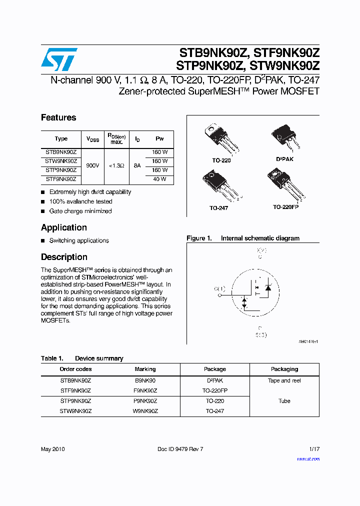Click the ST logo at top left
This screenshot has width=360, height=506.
(x=59, y=59)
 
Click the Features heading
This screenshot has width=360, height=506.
(x=58, y=117)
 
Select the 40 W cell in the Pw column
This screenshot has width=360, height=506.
(x=160, y=179)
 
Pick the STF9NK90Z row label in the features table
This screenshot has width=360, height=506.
(x=61, y=179)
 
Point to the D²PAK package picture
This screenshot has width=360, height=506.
(x=284, y=137)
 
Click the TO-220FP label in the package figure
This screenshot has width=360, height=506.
(x=285, y=206)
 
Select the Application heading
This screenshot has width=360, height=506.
(x=64, y=227)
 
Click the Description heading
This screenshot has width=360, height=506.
(x=64, y=257)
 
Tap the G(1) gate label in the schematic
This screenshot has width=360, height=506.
(x=219, y=289)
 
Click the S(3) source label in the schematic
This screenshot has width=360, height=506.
(x=261, y=334)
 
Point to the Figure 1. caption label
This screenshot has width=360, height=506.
(x=199, y=238)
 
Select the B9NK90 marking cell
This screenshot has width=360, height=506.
(x=145, y=380)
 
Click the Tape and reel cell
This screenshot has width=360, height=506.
(x=284, y=380)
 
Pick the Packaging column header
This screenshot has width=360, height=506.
(x=284, y=369)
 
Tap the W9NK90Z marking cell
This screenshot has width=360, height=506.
(x=145, y=411)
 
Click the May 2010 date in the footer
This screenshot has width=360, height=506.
(x=52, y=449)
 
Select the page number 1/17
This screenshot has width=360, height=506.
(x=314, y=449)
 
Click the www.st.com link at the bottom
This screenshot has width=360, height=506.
(x=308, y=458)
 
